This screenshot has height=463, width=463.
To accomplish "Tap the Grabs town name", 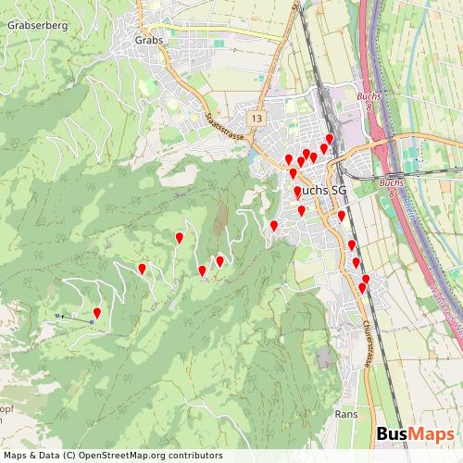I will [x=148, y=40].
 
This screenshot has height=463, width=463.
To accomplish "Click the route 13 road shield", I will [x=256, y=119].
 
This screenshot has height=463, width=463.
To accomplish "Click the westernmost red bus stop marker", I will [x=97, y=314].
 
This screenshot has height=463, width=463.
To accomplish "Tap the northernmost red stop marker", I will [x=330, y=139].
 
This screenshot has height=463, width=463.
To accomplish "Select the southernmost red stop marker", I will [x=362, y=289].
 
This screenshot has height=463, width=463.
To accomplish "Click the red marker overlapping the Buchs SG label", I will [x=297, y=192].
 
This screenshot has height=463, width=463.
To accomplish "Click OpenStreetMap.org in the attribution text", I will [x=118, y=456].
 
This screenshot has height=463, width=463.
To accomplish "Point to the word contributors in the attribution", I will [x=192, y=456].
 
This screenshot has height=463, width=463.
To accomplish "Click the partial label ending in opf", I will [x=6, y=407].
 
